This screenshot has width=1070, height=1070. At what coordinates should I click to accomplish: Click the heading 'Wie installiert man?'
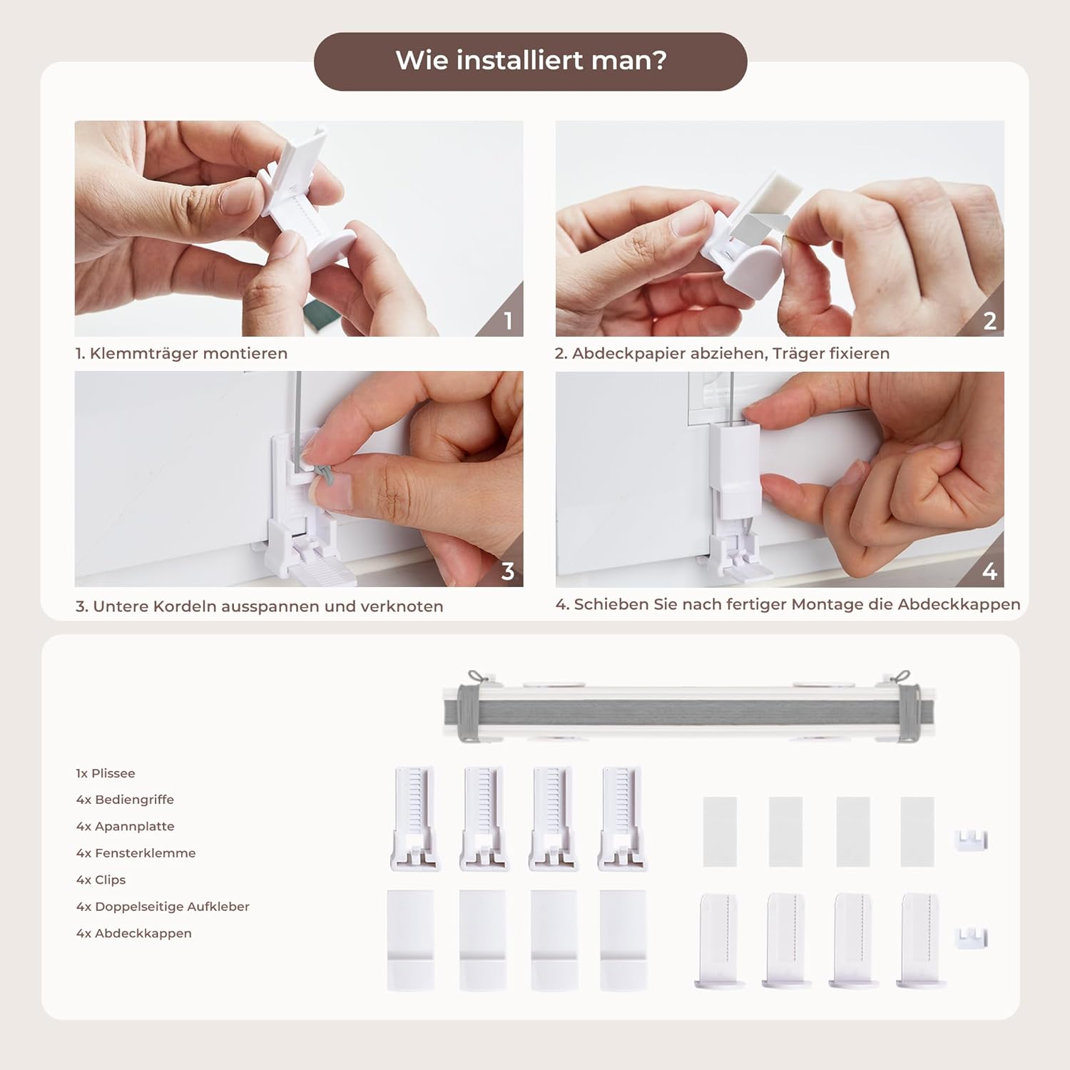point(531,61)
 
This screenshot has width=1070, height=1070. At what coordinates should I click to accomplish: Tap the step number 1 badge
point(508,320)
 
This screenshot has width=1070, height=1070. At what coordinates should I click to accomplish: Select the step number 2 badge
point(989,321)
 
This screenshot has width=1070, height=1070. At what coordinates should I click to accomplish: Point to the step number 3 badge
point(508,571)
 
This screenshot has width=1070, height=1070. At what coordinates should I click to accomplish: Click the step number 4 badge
point(989,571)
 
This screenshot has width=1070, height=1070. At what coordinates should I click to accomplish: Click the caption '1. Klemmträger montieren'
point(181,353)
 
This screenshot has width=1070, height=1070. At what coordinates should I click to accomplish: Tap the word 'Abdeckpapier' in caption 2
point(628,353)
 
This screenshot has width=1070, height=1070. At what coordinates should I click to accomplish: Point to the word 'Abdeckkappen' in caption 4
point(959,604)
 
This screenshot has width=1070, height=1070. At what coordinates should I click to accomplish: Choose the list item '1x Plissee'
point(106,773)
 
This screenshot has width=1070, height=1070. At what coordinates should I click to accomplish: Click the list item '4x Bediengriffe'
point(125,800)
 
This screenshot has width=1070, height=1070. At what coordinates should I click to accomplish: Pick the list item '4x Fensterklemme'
point(136,853)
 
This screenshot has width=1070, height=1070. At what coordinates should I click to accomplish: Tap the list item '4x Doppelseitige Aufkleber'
point(163,907)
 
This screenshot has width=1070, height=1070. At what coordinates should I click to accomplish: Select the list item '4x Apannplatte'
point(125,827)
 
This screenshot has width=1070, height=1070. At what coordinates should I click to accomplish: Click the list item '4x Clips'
point(101,880)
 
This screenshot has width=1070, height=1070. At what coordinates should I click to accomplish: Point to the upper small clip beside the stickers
point(971,840)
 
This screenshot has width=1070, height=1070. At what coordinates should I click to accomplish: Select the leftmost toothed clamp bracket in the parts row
point(414,819)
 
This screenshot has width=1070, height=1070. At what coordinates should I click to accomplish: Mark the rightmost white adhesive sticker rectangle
point(917,832)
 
